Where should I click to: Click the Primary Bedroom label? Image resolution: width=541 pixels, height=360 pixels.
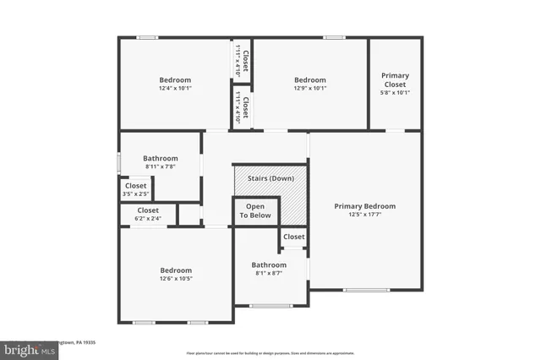tap(364, 206)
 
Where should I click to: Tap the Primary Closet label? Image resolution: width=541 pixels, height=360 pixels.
tap(395, 79)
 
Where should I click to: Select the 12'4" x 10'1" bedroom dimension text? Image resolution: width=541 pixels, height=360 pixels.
tap(175, 88)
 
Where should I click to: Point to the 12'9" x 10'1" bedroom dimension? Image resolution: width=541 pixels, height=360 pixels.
tap(310, 88)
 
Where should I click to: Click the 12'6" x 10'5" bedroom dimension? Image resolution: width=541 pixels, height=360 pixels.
tap(176, 279)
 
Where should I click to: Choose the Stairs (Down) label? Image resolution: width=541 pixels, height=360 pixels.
tap(270, 179)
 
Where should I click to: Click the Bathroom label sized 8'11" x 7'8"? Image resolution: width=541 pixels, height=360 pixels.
tap(160, 158)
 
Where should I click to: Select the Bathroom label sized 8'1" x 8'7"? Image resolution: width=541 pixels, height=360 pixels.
tap(268, 265)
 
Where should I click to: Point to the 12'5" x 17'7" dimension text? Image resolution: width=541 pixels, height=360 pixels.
tap(364, 215)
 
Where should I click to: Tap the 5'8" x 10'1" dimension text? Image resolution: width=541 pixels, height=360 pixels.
tap(395, 93)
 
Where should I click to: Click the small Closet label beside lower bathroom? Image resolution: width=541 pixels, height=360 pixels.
tap(293, 237)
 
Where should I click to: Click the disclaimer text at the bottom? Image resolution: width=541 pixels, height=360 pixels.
tap(270, 352)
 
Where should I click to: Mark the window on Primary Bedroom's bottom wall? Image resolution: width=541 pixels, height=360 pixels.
tap(364, 291)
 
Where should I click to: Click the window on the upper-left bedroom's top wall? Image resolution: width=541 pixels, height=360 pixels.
tap(148, 37)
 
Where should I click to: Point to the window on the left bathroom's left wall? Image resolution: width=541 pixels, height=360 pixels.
tap(118, 161)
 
